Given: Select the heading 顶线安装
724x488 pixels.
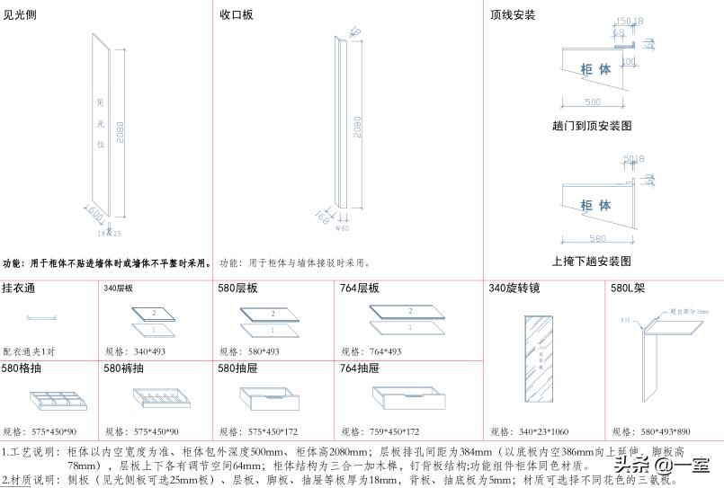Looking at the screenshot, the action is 513,14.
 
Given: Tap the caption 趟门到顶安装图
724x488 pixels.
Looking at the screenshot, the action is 592,126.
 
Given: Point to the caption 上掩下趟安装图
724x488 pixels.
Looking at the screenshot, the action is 593,262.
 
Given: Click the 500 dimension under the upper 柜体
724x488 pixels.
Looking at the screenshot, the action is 592,102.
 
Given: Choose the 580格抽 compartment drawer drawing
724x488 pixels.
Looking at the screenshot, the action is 53,399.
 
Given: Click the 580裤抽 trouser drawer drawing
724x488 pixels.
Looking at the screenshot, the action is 161,398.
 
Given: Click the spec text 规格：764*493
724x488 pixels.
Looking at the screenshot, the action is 373,351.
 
